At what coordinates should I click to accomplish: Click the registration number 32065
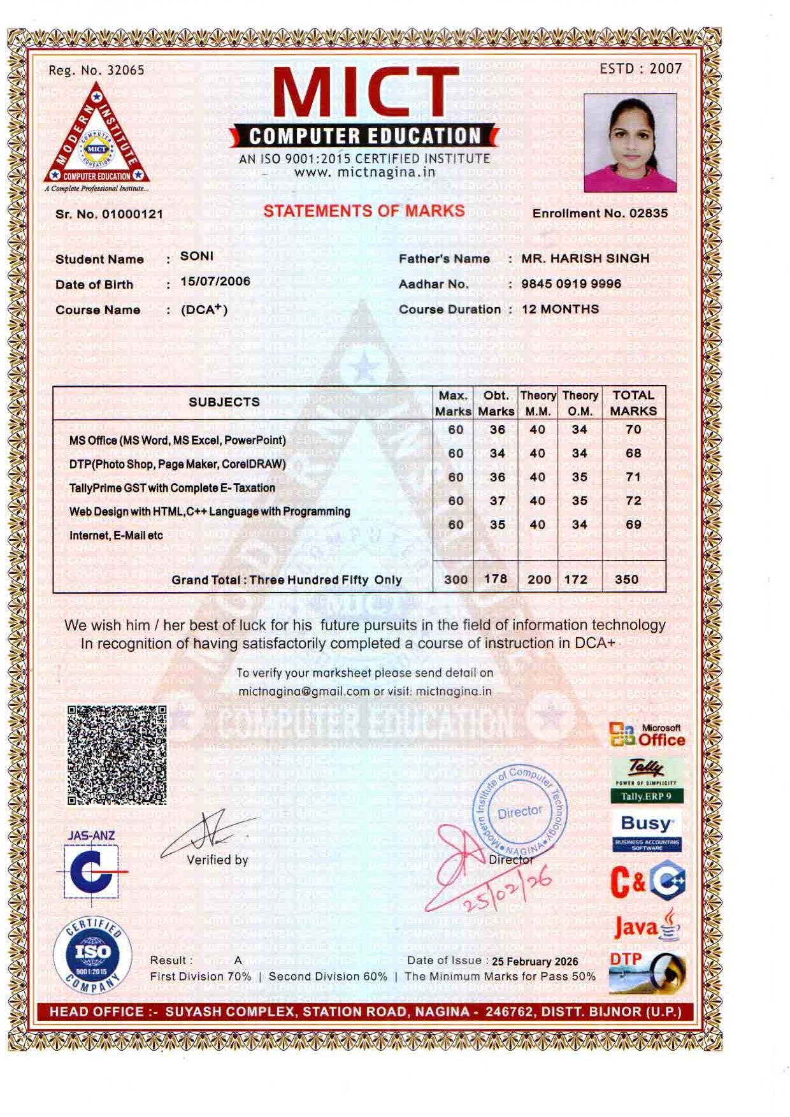click(126, 70)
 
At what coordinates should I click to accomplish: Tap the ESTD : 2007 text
click(640, 68)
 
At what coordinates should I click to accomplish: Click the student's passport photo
click(630, 143)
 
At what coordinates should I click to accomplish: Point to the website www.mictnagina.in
click(364, 172)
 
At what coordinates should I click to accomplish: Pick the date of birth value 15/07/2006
click(215, 282)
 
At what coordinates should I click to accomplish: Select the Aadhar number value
click(571, 284)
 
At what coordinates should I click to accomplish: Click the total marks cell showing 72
click(633, 501)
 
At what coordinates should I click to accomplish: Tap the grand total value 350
click(626, 579)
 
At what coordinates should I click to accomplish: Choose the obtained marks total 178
click(495, 579)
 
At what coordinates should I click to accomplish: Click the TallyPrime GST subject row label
click(172, 488)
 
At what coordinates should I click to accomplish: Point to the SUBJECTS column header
click(224, 402)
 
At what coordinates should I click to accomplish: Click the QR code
click(117, 754)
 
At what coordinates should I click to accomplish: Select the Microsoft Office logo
click(647, 735)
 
